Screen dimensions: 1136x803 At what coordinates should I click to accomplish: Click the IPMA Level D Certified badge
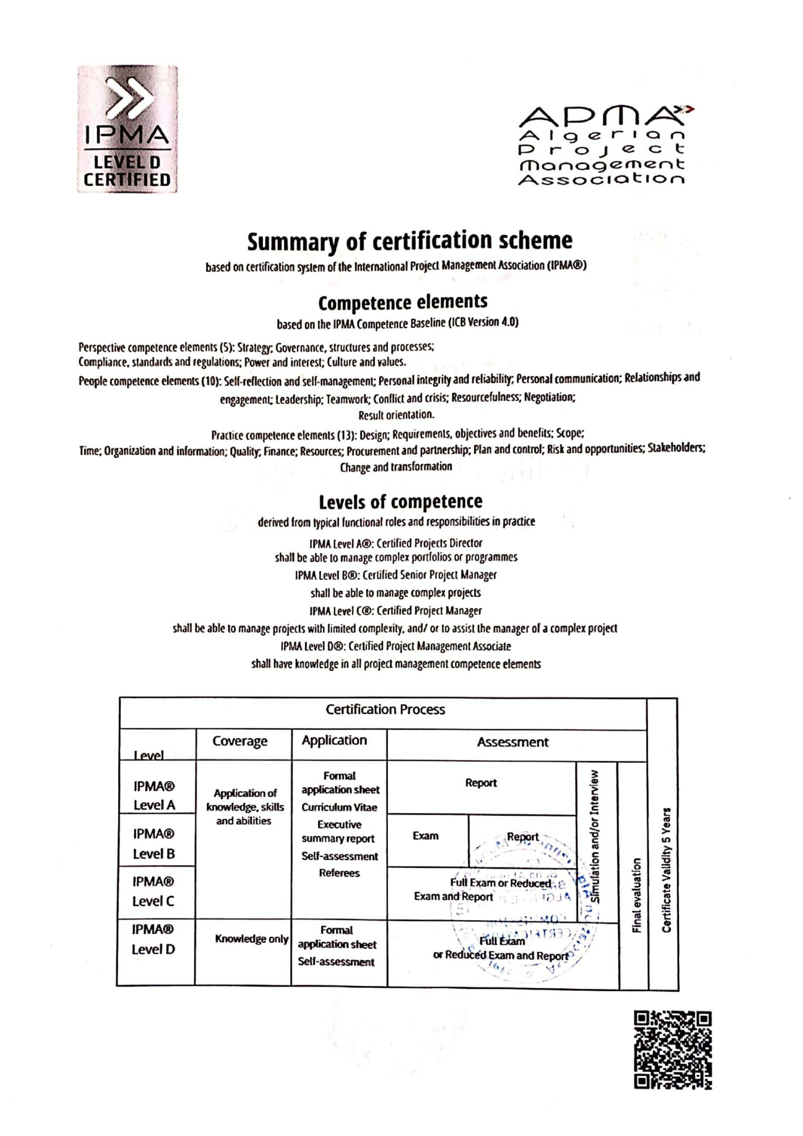click(127, 130)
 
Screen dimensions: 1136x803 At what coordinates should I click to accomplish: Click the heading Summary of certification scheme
click(409, 241)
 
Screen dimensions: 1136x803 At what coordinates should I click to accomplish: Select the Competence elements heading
click(403, 302)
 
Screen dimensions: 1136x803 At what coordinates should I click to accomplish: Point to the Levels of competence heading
click(400, 502)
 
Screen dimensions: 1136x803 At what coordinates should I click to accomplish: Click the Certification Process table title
click(385, 709)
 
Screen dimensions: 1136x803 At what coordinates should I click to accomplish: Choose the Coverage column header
click(240, 741)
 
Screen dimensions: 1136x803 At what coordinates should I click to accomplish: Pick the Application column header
click(334, 740)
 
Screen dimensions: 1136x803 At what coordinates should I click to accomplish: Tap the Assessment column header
click(512, 742)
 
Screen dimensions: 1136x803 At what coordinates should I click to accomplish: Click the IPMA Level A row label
click(154, 795)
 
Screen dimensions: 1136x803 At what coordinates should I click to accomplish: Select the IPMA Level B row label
click(154, 843)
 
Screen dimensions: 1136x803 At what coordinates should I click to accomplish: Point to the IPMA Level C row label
click(153, 891)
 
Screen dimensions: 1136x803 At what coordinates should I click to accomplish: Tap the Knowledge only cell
click(252, 939)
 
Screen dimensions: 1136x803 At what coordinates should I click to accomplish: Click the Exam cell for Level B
click(425, 836)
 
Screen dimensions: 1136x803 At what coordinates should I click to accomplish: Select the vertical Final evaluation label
click(636, 895)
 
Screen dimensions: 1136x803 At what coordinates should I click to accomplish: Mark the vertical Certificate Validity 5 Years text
click(667, 869)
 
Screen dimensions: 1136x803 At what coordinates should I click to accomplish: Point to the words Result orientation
click(396, 414)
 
